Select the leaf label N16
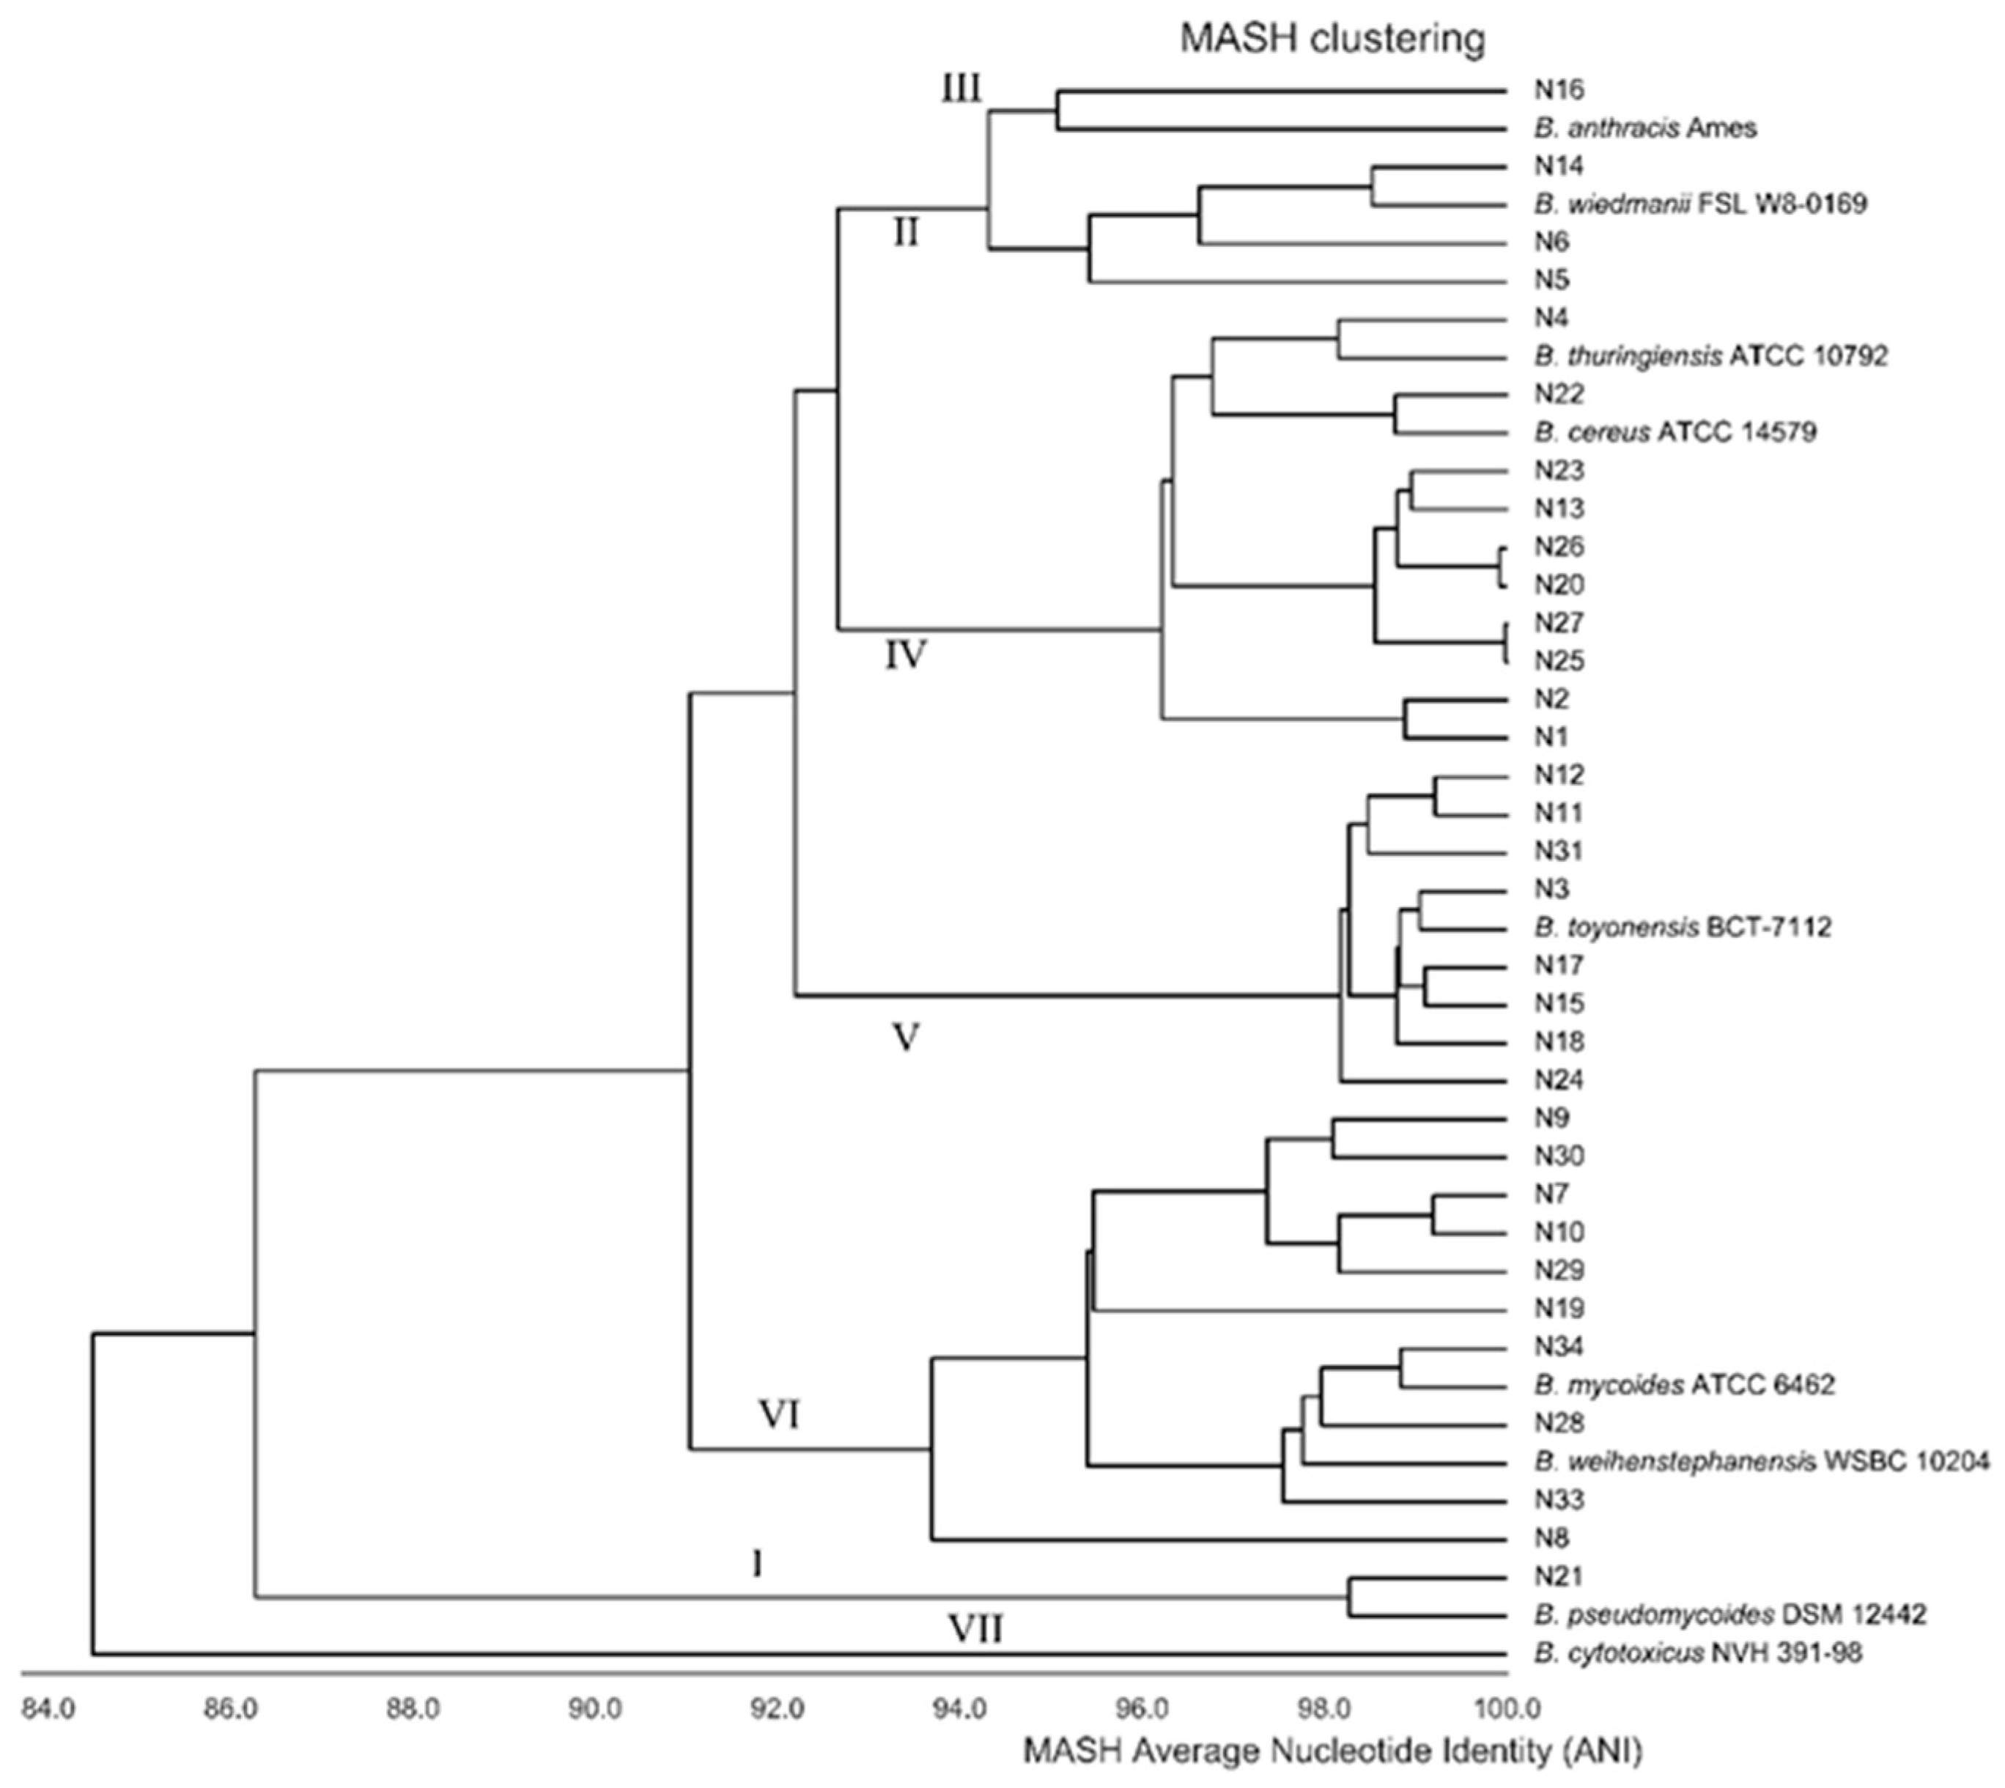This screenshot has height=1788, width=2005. (1560, 90)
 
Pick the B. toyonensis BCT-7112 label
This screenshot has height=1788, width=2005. (1683, 928)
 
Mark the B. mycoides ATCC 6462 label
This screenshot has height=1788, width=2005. (1684, 1385)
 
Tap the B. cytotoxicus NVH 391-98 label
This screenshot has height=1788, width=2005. (1697, 1653)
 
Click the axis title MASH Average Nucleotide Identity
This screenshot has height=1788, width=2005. (1333, 1751)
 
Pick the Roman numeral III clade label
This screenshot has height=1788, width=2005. (961, 90)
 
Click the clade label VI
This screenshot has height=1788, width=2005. (779, 1416)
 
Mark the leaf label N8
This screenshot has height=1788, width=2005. (1553, 1538)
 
